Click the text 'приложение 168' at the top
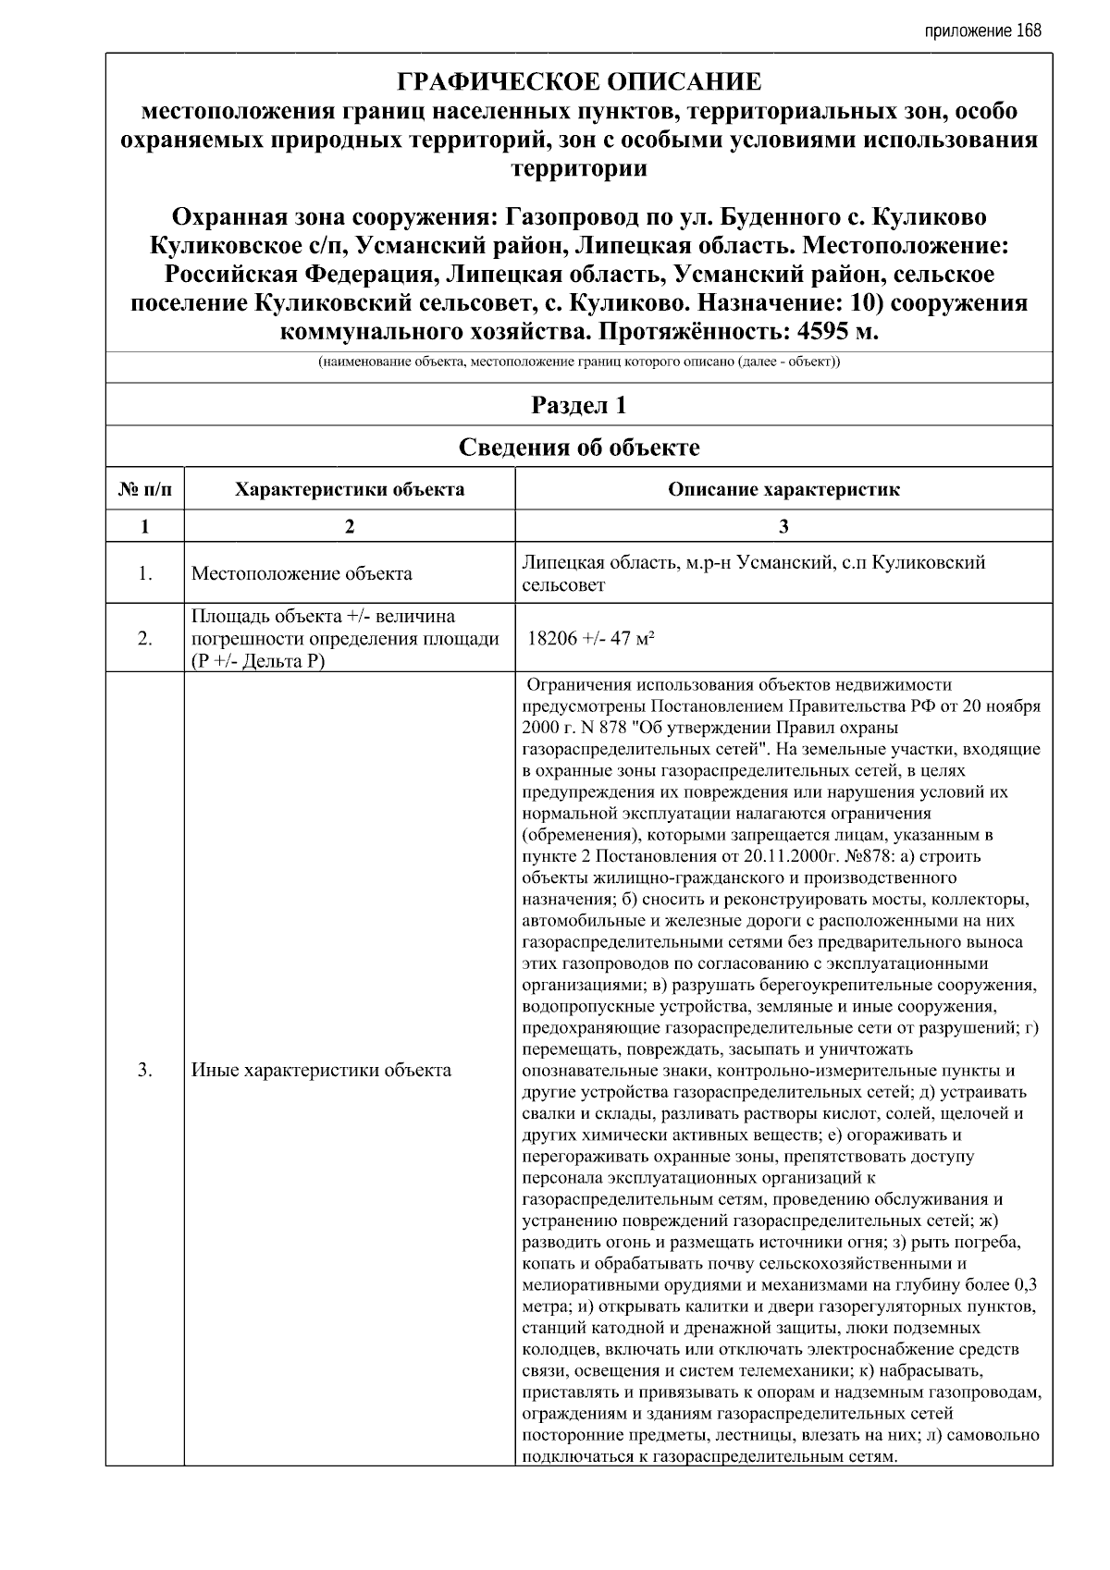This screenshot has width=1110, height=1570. (x=982, y=31)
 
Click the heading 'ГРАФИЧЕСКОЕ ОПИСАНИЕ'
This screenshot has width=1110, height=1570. (x=579, y=82)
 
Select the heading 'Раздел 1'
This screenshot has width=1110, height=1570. (x=579, y=405)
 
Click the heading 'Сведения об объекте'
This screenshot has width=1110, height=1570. (x=579, y=448)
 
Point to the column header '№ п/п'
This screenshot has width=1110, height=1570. (x=145, y=489)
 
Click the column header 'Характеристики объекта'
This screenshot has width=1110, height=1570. (x=350, y=489)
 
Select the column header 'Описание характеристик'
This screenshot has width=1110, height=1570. (x=783, y=489)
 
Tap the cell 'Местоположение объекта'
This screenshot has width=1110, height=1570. (x=302, y=573)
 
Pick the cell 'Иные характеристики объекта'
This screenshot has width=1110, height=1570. (x=321, y=1071)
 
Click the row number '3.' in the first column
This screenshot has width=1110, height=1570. (x=145, y=1071)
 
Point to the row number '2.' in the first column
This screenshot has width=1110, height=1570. (x=145, y=638)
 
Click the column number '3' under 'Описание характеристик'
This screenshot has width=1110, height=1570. (x=783, y=526)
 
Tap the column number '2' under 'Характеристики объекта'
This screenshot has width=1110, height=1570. (x=350, y=526)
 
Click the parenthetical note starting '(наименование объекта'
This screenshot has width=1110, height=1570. (x=579, y=362)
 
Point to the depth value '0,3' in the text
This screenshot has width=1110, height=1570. (x=1025, y=1284)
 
